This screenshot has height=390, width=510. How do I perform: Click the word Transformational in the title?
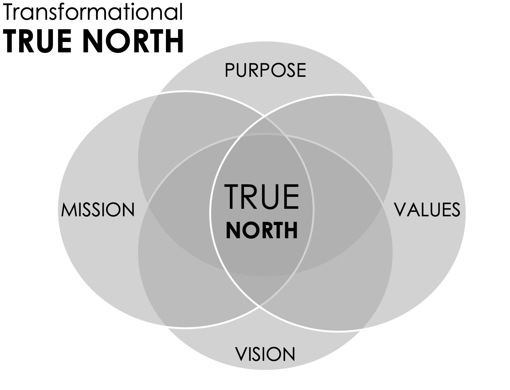93,12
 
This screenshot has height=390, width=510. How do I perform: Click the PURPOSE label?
265,70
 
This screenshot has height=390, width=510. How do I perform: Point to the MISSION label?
98,210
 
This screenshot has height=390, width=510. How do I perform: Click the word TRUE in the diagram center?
262,197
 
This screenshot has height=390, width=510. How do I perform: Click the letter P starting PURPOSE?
230,70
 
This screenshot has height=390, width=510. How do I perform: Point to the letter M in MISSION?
69,210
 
